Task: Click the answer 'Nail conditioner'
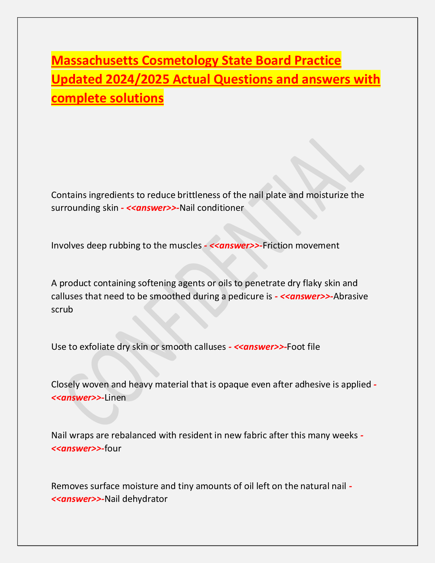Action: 212,208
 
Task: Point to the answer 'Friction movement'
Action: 301,245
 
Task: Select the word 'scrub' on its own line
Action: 62,309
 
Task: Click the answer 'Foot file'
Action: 304,347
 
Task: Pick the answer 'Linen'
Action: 115,397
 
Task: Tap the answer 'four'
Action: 113,448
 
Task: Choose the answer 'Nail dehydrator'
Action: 136,499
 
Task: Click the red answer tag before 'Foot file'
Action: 258,347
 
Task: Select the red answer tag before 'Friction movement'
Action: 233,245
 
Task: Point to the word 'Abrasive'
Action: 351,296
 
